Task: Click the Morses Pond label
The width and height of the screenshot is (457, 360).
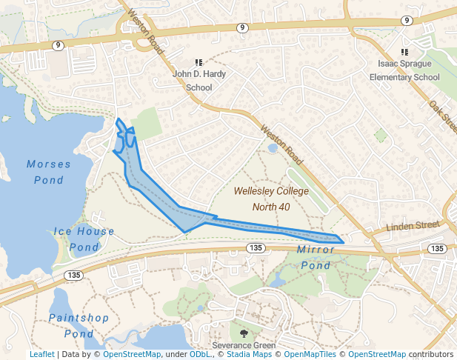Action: (49, 172)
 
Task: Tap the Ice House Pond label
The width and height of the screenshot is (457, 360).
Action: (84, 239)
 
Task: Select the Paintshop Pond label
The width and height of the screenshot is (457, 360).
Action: (79, 326)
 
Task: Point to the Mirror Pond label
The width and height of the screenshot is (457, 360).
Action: (316, 258)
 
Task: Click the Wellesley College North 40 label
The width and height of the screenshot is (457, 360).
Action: (271, 199)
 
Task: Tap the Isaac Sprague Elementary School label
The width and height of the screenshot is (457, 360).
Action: (404, 70)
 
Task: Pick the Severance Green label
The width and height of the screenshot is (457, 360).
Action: (244, 346)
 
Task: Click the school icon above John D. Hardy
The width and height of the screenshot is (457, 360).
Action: (199, 63)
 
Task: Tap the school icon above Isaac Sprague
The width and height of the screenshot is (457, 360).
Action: (404, 52)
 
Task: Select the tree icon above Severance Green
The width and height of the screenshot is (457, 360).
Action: (244, 333)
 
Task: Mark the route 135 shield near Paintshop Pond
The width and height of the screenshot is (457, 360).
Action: (73, 275)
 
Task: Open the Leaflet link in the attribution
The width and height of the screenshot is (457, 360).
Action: (41, 355)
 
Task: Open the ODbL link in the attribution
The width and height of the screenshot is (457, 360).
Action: (199, 355)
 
